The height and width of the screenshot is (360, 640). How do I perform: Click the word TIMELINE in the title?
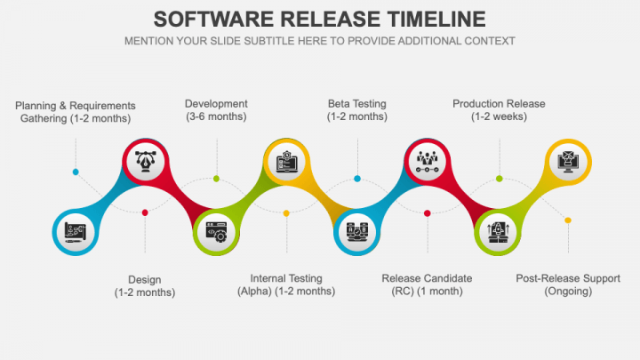(436, 20)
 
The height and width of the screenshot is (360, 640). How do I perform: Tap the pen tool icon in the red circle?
(145, 161)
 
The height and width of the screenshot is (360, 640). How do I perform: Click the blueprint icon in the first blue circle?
(75, 232)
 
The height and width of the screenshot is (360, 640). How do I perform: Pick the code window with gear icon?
(216, 232)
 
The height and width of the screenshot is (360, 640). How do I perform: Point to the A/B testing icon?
(356, 232)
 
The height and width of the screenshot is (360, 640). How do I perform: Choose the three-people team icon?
(427, 161)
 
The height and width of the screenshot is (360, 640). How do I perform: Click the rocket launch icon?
(498, 232)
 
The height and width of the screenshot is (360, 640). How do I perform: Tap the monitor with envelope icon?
(568, 161)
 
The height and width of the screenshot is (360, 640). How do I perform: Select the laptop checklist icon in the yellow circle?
(286, 161)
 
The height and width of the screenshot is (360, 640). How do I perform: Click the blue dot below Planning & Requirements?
(76, 172)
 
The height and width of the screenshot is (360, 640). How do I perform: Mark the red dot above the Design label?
(145, 212)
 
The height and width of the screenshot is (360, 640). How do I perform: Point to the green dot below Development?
(216, 179)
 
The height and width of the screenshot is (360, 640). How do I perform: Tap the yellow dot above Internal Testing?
(286, 213)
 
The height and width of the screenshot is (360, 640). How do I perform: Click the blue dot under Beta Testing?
(357, 179)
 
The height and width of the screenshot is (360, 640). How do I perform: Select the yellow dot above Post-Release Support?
(568, 220)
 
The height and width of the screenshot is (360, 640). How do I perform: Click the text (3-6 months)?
(216, 116)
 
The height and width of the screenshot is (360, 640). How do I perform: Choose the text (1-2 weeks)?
(499, 116)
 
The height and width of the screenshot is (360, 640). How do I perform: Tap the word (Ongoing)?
(568, 292)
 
